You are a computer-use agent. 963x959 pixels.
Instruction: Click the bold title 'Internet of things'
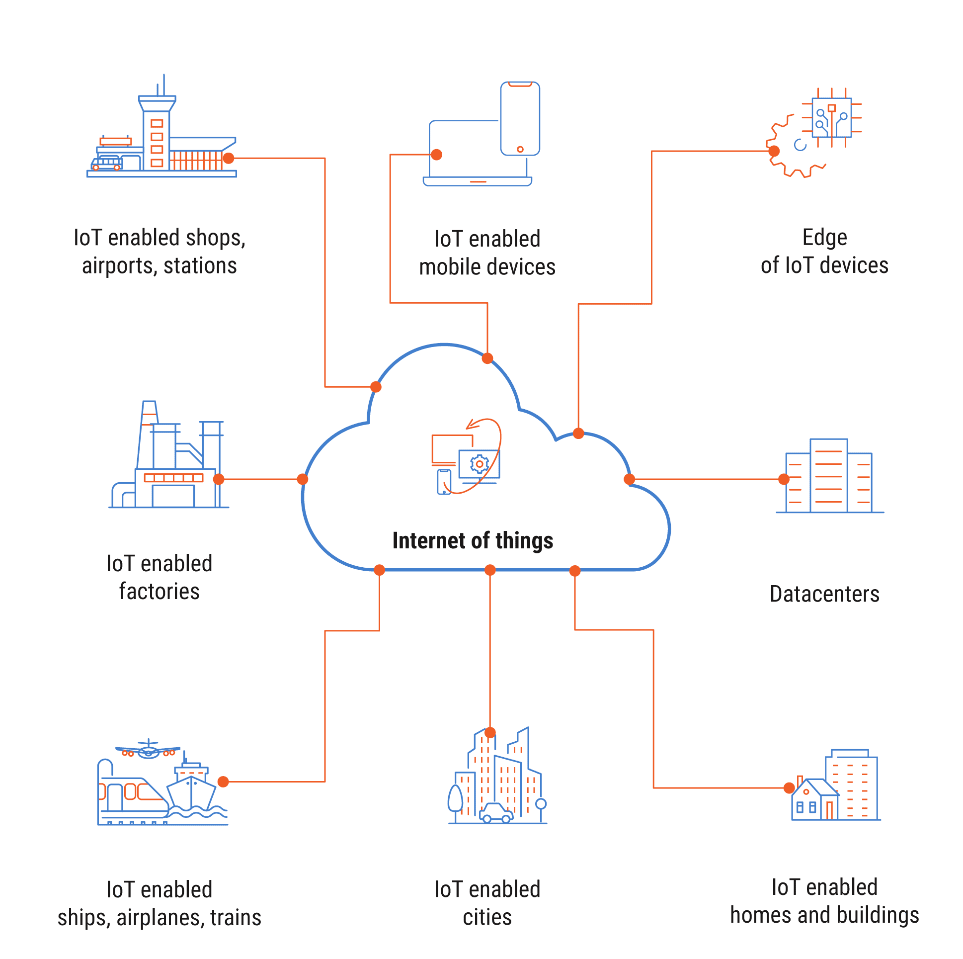click(473, 540)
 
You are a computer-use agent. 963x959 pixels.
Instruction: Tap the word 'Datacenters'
click(824, 594)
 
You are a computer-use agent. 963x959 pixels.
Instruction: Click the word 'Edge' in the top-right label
click(824, 237)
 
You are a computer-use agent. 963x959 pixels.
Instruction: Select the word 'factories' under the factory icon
click(159, 592)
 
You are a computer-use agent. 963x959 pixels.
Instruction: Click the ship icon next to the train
click(191, 789)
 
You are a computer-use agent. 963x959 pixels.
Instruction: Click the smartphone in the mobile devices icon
click(520, 119)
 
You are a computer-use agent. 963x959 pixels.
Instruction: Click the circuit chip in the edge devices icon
click(831, 118)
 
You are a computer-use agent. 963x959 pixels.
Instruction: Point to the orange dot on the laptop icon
click(437, 155)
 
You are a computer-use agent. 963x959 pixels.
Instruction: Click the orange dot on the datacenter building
click(783, 479)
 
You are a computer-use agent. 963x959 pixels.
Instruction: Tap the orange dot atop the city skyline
click(490, 733)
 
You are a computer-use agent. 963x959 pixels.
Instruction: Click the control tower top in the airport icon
click(157, 102)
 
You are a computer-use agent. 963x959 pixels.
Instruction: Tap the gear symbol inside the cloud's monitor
click(479, 464)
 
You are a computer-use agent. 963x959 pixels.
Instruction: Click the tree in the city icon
click(455, 798)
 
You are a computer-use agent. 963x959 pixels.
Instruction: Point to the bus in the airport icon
click(107, 163)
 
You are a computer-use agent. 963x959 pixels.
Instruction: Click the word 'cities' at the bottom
click(487, 917)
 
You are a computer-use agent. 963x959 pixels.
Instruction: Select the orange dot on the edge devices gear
click(774, 151)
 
